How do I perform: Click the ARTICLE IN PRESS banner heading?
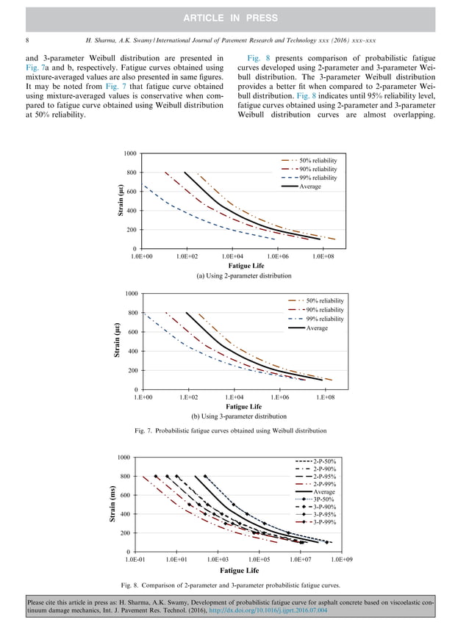click(x=234, y=16)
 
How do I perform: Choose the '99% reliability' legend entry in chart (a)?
click(x=318, y=178)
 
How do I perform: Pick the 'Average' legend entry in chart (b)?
click(x=317, y=328)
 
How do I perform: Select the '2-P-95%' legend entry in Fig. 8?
click(x=324, y=477)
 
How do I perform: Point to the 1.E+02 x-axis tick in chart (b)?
click(x=188, y=397)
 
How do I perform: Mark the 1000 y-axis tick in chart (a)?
click(x=129, y=153)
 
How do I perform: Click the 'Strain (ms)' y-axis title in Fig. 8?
click(x=113, y=504)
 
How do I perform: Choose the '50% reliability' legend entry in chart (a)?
click(x=318, y=160)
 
